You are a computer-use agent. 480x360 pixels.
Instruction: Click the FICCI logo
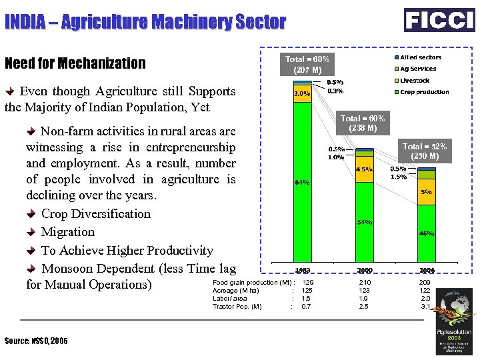(x=439, y=19)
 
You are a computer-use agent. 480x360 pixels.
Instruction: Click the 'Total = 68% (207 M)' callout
(x=307, y=64)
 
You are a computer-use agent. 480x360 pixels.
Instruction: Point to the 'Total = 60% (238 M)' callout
(x=363, y=123)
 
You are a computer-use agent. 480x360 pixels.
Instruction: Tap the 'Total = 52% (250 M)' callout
(x=425, y=151)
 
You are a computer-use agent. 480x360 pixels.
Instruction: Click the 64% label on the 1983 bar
(x=303, y=182)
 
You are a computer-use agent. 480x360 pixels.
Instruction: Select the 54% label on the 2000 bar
(x=364, y=222)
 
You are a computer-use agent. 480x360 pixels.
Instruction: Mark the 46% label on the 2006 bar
(x=426, y=233)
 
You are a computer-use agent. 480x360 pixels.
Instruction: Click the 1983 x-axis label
(x=303, y=271)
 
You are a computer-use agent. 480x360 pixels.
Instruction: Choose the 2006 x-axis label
(x=426, y=271)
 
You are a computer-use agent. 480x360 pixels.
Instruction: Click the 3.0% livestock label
(x=303, y=94)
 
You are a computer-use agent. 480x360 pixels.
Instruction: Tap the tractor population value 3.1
(x=426, y=307)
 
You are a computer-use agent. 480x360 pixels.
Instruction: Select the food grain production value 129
(x=308, y=283)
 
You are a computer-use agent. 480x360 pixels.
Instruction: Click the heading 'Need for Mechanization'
(x=75, y=64)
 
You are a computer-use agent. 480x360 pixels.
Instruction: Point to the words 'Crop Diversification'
(x=96, y=214)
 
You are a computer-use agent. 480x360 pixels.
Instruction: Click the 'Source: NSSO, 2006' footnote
(x=36, y=341)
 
